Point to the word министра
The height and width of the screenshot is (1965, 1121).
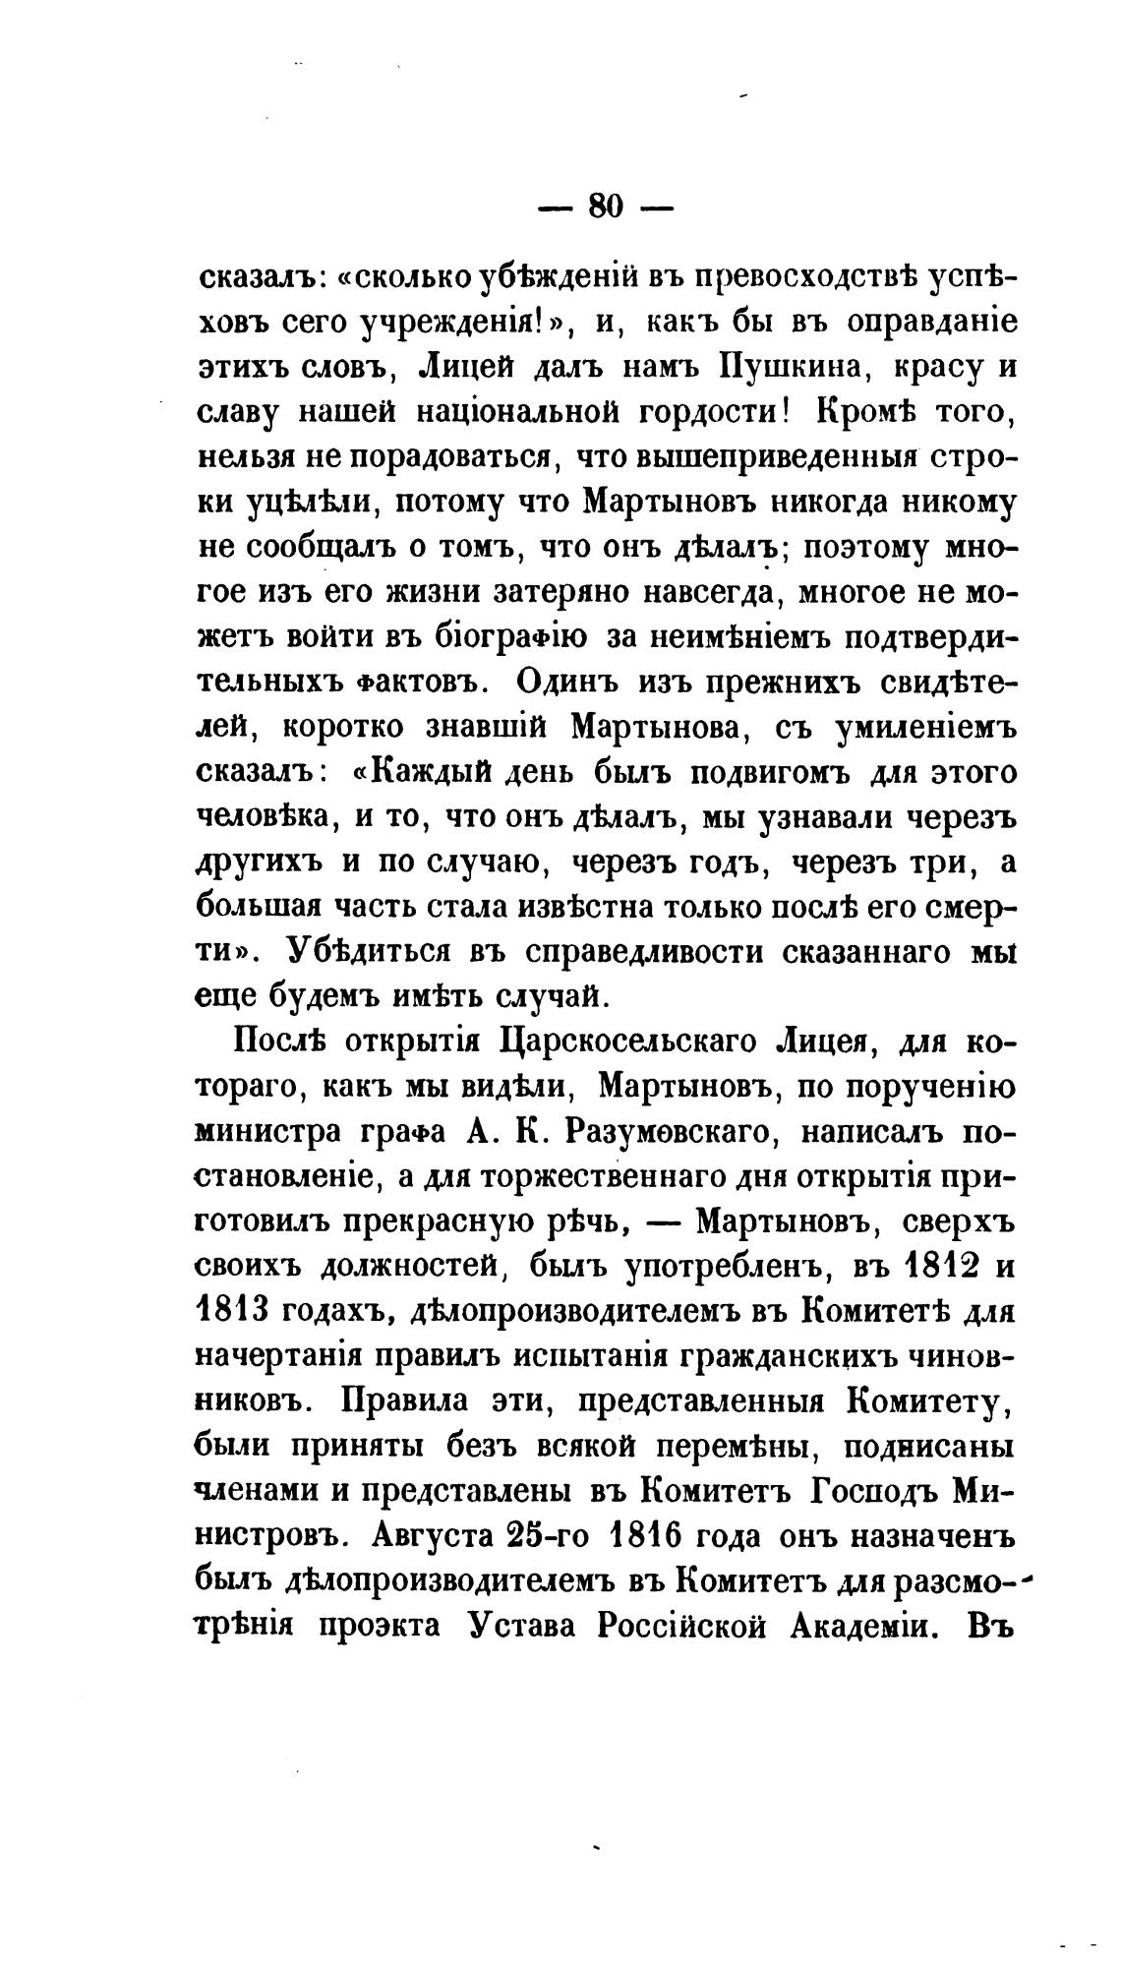pos(265,1132)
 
